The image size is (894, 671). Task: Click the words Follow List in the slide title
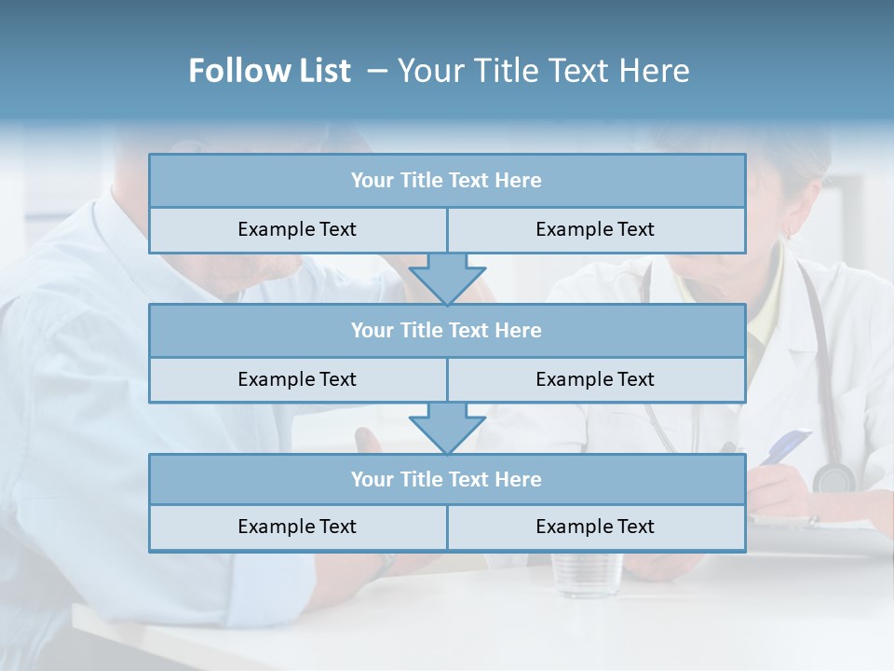[x=269, y=71]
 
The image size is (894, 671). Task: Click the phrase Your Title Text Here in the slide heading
[x=543, y=71]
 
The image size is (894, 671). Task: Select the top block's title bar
[x=447, y=181]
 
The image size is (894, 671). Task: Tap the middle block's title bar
[x=447, y=331]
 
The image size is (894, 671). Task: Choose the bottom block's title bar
[x=447, y=480]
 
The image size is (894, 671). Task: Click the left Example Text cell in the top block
[x=297, y=230]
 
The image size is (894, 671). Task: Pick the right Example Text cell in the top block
[x=596, y=230]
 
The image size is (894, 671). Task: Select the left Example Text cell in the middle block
[x=297, y=380]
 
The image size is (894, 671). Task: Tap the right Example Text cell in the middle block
[x=596, y=380]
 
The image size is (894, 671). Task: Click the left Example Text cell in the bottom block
[x=297, y=527]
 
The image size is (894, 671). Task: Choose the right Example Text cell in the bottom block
[x=596, y=527]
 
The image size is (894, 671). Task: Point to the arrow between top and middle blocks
[x=447, y=280]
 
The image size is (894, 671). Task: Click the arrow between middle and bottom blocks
[x=447, y=429]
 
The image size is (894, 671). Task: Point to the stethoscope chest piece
[x=833, y=477]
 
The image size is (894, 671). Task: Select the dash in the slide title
[x=377, y=71]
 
